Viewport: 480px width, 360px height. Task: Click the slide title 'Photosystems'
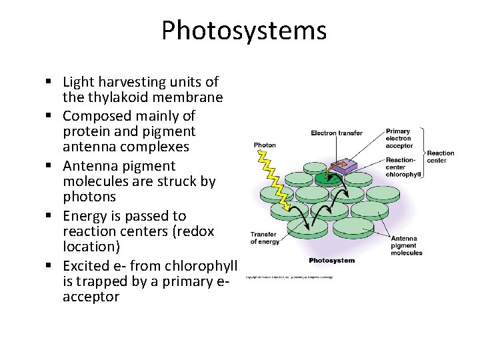pyautogui.click(x=244, y=31)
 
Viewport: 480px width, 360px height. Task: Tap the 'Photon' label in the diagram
pyautogui.click(x=265, y=145)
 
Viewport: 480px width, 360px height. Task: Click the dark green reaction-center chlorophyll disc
pyautogui.click(x=327, y=177)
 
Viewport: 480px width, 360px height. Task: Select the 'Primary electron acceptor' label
pyautogui.click(x=399, y=138)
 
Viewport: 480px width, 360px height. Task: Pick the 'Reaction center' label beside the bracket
pyautogui.click(x=440, y=156)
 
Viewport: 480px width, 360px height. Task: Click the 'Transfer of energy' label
pyautogui.click(x=264, y=237)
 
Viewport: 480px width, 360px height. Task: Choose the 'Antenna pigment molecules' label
pyautogui.click(x=406, y=245)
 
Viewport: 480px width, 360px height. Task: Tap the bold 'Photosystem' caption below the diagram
pyautogui.click(x=332, y=260)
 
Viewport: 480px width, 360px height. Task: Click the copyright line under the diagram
pyautogui.click(x=289, y=276)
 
